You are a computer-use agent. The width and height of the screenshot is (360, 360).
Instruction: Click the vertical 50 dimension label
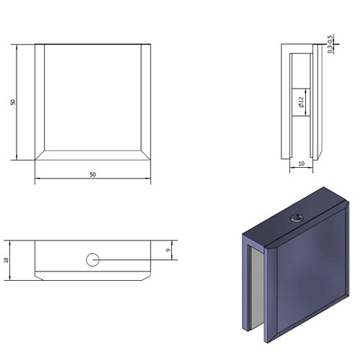(13, 102)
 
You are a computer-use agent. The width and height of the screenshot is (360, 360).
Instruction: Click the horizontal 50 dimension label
(93, 174)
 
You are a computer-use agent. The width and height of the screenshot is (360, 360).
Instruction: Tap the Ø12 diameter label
(301, 102)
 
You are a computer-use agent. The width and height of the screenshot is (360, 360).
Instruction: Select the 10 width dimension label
(301, 163)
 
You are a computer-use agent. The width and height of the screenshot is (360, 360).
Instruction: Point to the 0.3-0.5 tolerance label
(330, 45)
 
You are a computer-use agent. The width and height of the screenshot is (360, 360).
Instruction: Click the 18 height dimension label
(6, 260)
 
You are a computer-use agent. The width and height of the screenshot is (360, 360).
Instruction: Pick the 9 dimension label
(168, 250)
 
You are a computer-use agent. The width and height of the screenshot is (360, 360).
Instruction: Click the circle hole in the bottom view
(93, 260)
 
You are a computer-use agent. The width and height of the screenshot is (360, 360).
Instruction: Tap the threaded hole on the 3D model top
(297, 218)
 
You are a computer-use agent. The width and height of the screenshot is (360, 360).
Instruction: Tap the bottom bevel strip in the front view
(93, 156)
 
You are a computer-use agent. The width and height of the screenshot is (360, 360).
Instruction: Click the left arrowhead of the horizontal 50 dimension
(37, 179)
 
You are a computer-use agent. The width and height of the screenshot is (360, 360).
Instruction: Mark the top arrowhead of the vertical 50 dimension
(17, 47)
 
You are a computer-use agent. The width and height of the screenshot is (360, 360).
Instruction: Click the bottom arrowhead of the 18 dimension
(10, 278)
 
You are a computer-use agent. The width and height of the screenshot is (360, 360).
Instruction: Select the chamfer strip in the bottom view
(93, 276)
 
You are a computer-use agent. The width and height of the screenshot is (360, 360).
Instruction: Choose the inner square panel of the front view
(93, 97)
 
